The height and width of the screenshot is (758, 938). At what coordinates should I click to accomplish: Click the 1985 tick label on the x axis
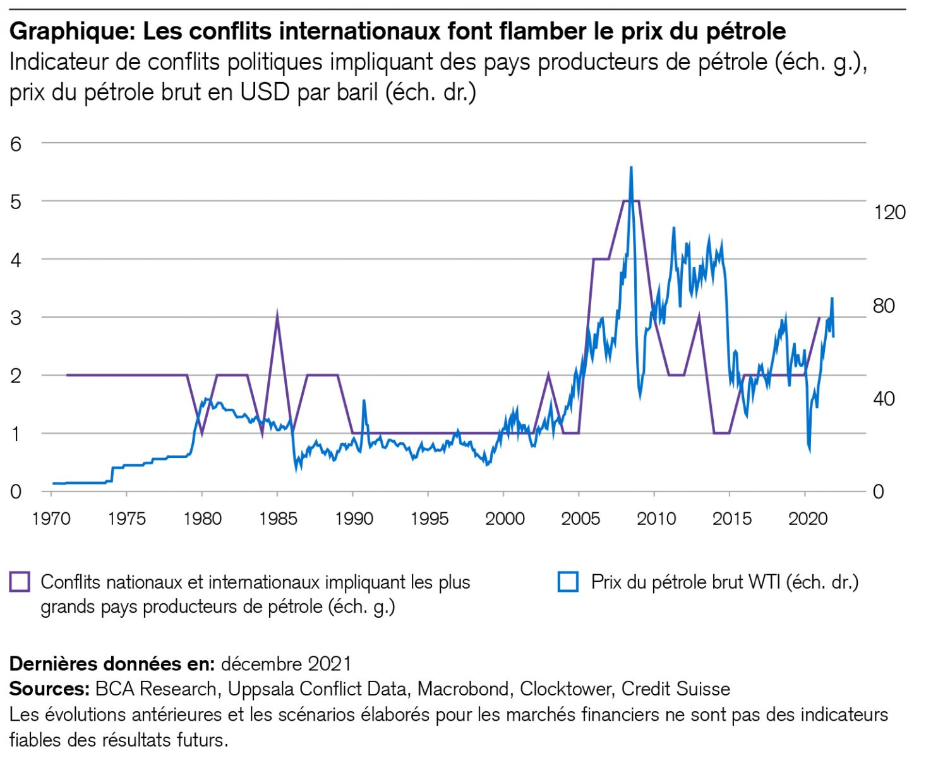(277, 519)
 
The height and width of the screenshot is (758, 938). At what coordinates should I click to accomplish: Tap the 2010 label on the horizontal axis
(656, 519)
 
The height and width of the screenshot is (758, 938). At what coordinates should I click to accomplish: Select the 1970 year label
(51, 519)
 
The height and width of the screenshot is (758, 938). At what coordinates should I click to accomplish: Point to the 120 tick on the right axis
(889, 212)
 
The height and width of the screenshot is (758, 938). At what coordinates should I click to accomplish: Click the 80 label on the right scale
(884, 306)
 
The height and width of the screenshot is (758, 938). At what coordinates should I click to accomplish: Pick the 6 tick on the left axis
(16, 144)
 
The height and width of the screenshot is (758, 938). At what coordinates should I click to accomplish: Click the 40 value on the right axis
(884, 399)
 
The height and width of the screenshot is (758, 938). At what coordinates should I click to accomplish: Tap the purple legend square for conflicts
(20, 582)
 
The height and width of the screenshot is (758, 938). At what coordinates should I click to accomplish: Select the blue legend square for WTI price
(568, 582)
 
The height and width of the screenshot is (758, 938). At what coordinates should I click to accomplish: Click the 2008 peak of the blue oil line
(631, 167)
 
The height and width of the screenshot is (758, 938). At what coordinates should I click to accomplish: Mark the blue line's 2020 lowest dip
(809, 452)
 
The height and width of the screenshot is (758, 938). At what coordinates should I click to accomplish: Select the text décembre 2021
(286, 664)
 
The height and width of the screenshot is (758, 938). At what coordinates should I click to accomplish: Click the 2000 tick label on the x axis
(504, 519)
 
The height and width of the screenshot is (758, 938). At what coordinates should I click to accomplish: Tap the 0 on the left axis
(16, 491)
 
